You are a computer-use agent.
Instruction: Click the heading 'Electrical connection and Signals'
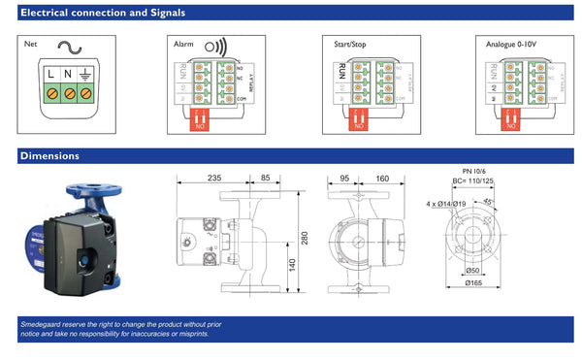[x=103, y=14]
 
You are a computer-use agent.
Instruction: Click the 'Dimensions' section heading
[x=50, y=155]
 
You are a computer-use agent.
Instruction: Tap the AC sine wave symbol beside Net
[x=69, y=45]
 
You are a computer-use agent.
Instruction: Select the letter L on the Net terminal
[x=50, y=75]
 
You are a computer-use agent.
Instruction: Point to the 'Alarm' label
[x=183, y=45]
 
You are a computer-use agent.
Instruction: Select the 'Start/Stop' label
[x=352, y=45]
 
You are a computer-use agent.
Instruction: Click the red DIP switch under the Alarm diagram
[x=201, y=119]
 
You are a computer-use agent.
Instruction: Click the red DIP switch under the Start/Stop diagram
[x=359, y=119]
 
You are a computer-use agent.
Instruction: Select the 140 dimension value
[x=292, y=263]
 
